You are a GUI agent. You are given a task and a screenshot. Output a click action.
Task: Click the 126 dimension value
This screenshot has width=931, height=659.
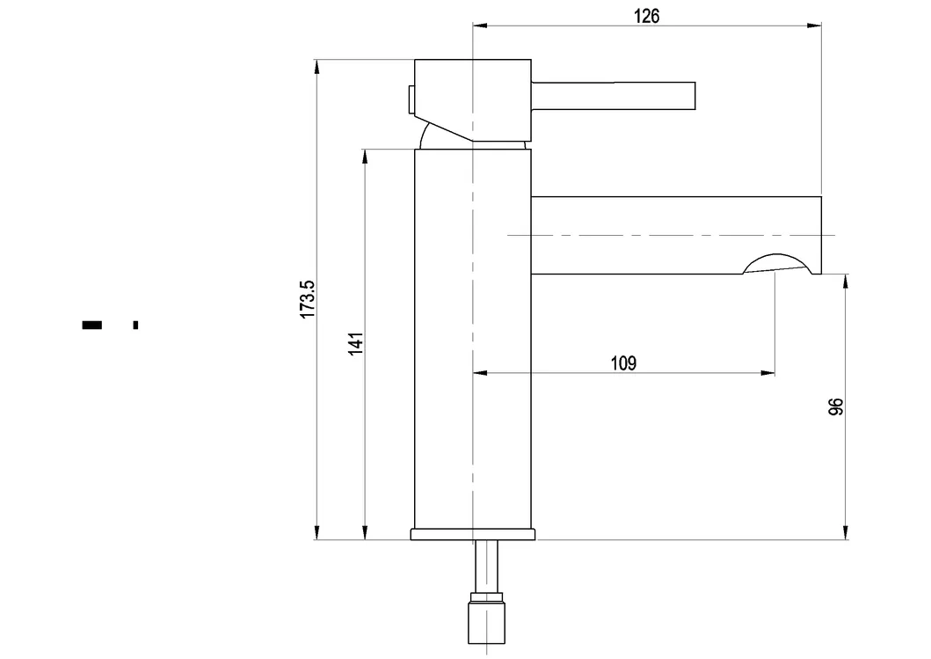pos(646,15)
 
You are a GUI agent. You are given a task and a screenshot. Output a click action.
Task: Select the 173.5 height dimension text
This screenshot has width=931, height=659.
pos(307,299)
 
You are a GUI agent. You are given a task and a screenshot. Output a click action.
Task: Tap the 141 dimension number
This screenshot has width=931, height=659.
pos(355,343)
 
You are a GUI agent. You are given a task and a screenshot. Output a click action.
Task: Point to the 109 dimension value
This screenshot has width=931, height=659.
pos(623,362)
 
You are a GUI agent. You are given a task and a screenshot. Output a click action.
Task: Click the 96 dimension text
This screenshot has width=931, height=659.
pos(836,406)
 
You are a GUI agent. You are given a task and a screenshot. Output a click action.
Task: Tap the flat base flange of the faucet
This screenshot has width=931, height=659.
pos(473,533)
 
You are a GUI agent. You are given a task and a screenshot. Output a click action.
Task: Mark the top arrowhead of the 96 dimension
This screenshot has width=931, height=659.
pos(846,281)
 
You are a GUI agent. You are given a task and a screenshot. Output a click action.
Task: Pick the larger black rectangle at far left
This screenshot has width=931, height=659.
pos(92,326)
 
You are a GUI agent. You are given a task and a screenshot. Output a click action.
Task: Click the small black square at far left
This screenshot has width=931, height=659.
pos(135,326)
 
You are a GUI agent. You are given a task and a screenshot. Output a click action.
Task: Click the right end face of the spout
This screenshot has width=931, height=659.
pos(820,234)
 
